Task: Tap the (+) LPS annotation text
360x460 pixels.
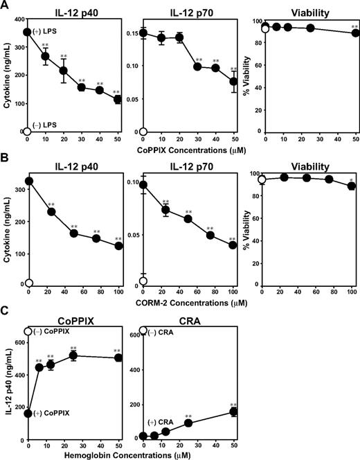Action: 48,32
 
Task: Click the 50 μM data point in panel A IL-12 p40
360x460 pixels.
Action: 118,100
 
